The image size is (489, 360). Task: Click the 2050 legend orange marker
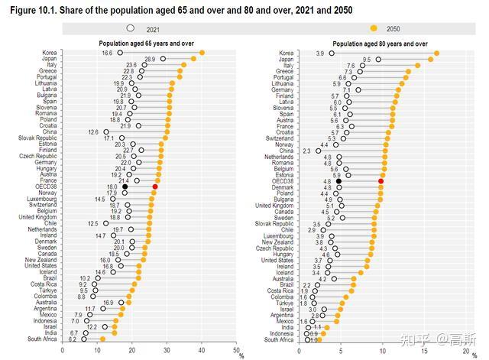374,28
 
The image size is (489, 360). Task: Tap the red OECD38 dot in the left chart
155,186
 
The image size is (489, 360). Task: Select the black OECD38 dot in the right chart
338,180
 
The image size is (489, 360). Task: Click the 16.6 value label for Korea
107,53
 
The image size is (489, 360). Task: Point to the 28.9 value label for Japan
150,59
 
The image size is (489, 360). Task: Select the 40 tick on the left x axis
202,350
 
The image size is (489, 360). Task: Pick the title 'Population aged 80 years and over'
377,44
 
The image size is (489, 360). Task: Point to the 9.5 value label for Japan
367,59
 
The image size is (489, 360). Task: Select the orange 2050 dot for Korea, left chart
202,53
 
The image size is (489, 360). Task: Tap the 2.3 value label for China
306,151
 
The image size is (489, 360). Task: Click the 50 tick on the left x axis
234,350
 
